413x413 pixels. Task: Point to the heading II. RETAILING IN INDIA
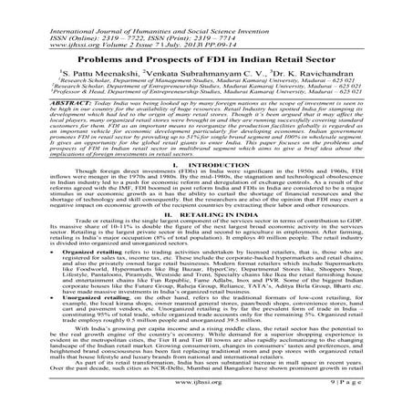tap(206, 215)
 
